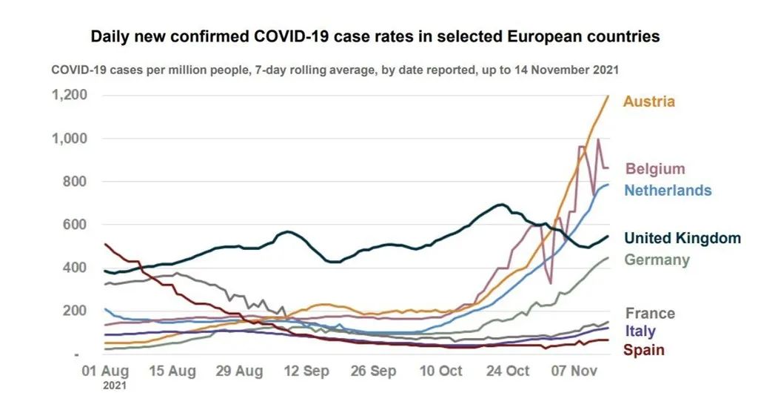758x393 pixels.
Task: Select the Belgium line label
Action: [655, 169]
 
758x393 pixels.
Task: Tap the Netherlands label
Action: [668, 191]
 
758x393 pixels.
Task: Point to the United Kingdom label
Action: [682, 238]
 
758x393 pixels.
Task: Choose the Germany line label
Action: [657, 260]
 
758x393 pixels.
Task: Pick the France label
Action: [650, 313]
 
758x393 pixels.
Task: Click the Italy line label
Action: [640, 331]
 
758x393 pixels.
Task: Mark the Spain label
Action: [643, 350]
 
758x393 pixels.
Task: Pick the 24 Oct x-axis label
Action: [507, 370]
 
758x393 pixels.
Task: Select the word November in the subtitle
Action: [549, 70]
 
